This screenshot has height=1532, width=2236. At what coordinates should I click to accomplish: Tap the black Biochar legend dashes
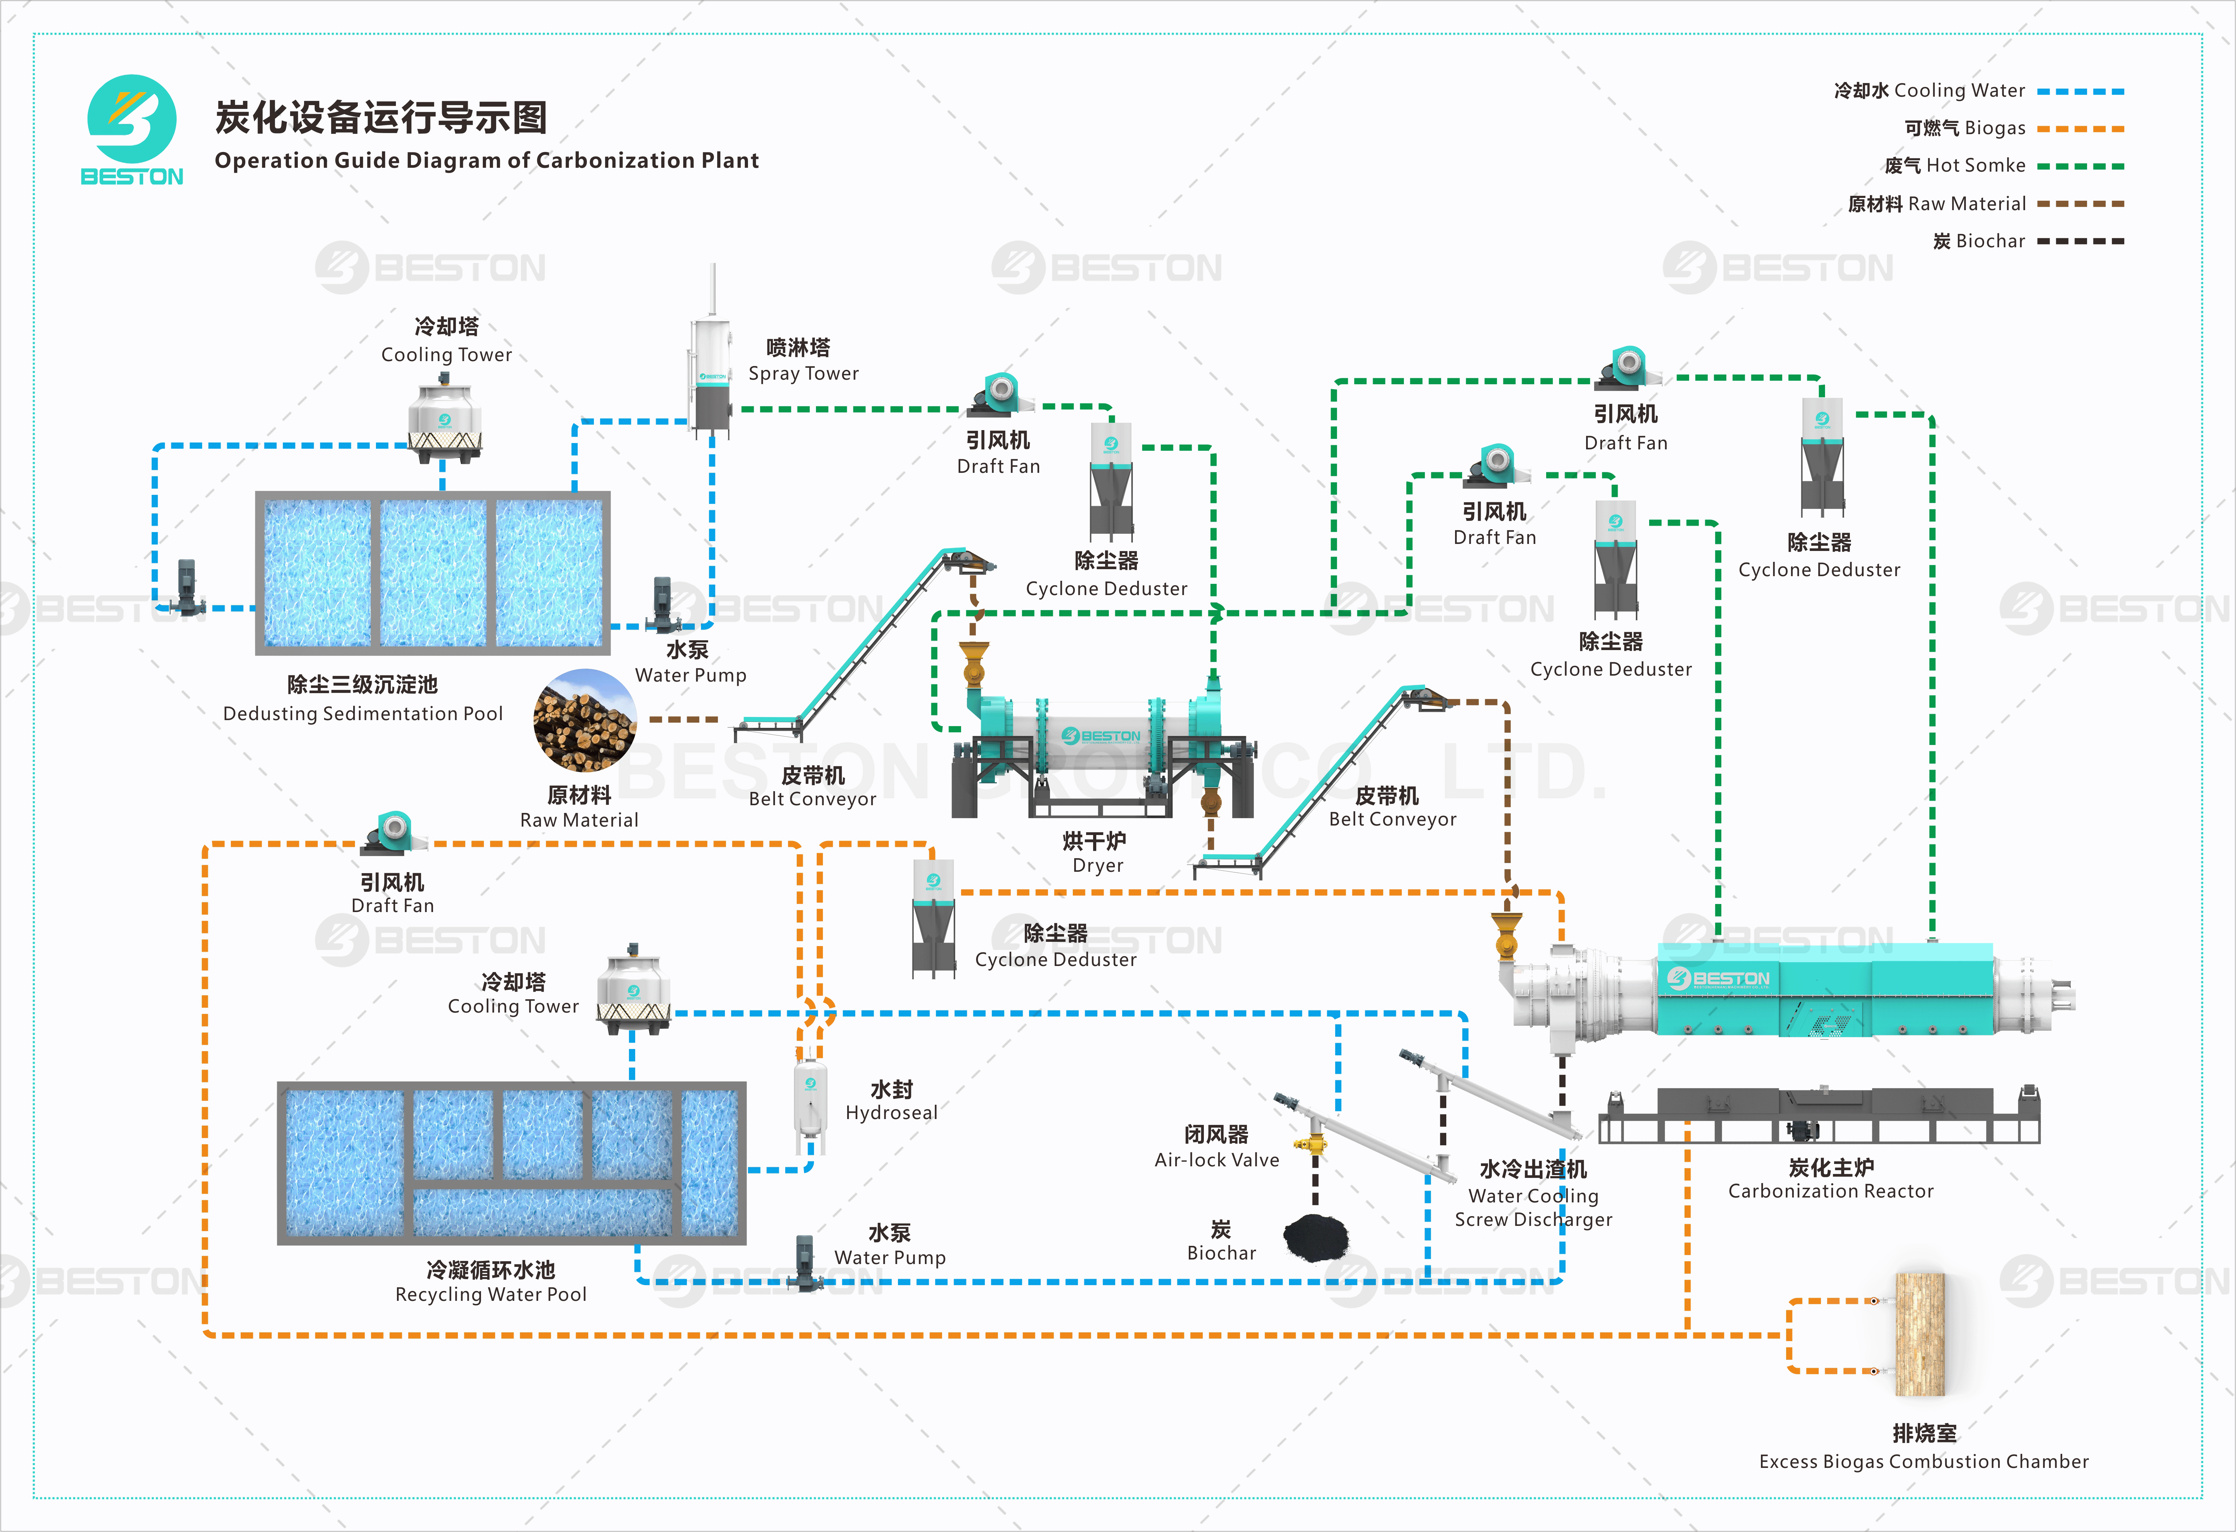2080,241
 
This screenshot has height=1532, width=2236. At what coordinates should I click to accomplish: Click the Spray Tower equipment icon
712,375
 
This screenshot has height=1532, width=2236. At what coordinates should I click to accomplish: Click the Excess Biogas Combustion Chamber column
1920,1334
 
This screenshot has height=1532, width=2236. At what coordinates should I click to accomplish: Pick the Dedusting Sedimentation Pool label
363,699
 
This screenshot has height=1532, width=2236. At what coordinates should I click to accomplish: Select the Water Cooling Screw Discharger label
1534,1195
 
